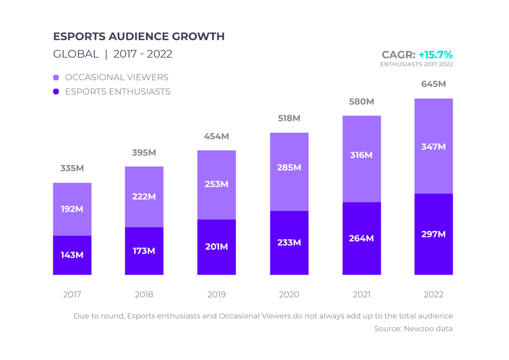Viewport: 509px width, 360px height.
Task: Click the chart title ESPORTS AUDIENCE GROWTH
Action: coord(139,37)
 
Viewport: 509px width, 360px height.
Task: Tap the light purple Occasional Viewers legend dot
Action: coord(56,77)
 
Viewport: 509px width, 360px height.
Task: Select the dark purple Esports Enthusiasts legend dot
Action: coord(56,91)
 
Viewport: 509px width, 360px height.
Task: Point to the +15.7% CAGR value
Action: coord(435,55)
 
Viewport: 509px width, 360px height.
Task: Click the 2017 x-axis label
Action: coord(72,294)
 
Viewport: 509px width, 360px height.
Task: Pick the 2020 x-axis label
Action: coord(289,294)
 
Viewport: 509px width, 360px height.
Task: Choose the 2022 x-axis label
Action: coord(433,294)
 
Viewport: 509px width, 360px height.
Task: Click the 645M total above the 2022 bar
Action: coord(433,84)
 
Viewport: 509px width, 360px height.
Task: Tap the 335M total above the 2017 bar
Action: coord(72,168)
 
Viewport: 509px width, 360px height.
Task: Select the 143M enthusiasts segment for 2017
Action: coord(72,255)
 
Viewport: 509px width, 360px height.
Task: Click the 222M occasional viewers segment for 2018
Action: coord(144,197)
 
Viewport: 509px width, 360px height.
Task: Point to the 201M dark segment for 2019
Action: coord(216,247)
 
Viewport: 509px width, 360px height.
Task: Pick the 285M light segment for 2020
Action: coord(289,168)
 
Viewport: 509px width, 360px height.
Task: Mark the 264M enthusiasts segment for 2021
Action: coord(361,238)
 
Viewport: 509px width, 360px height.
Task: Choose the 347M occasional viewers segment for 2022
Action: coord(433,147)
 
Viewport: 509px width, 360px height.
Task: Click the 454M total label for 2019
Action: coord(216,136)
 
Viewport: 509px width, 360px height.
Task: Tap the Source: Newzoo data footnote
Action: coord(413,329)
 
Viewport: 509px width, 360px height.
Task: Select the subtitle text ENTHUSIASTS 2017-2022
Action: coord(416,64)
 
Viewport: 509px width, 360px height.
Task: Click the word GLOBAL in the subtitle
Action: coord(76,54)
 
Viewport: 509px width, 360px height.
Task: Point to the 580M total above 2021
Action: coord(361,101)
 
